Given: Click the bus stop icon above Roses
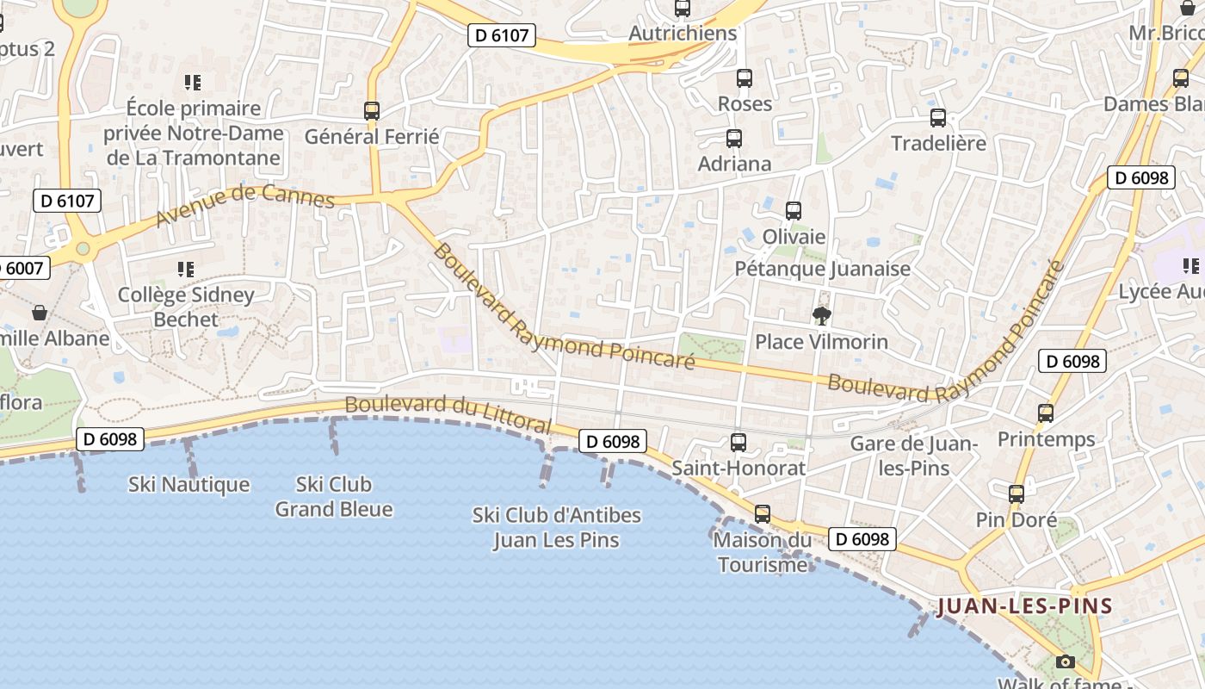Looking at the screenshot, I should tap(745, 78).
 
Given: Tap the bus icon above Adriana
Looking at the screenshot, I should tap(734, 138).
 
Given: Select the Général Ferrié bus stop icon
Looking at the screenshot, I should tap(372, 111).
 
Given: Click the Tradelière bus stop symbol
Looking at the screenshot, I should tap(938, 118).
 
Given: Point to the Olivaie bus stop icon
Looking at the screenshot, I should tap(794, 210).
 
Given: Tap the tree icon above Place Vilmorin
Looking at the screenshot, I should tap(821, 316).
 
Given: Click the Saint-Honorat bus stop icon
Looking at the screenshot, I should tap(738, 443).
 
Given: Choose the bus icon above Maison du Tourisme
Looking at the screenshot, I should tap(763, 514).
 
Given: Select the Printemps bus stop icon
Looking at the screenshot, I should tap(1046, 413).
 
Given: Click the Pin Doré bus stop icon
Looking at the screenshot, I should tap(1017, 494).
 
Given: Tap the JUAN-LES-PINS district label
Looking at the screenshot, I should tap(1024, 605).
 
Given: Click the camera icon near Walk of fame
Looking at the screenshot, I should tap(1066, 661).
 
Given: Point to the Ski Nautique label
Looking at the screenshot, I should tap(189, 485).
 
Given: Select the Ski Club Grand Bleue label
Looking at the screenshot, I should tap(334, 497).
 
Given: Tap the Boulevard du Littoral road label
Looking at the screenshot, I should tap(448, 413).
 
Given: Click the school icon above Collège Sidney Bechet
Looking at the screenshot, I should tap(186, 270).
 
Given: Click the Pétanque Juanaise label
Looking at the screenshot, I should tap(822, 269).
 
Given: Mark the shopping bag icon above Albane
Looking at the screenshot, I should tap(39, 312).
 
